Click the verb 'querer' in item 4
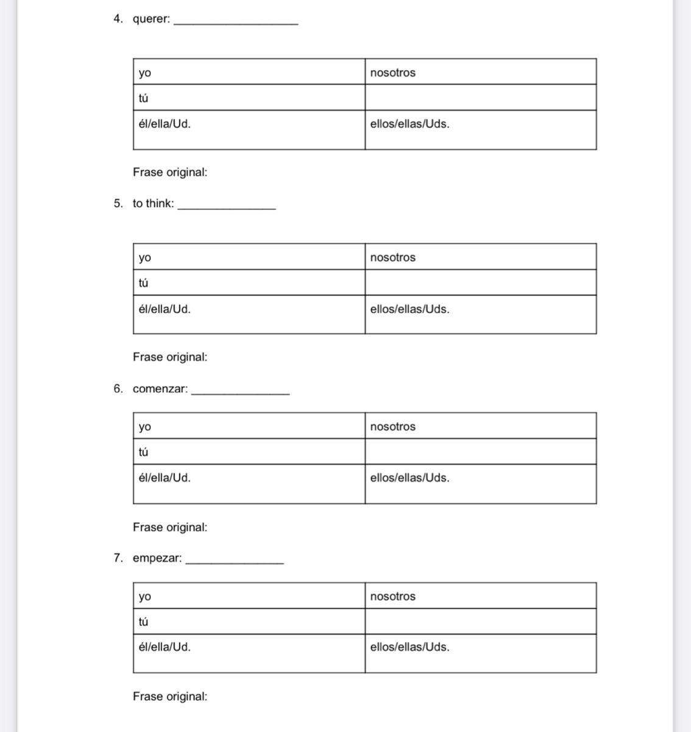(x=150, y=19)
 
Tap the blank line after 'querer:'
(x=236, y=22)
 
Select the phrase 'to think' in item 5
(x=152, y=204)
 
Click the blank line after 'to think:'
(x=226, y=207)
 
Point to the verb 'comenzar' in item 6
(x=159, y=389)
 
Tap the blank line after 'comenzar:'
(x=240, y=393)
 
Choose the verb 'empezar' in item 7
(x=156, y=558)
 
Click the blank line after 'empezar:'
(x=234, y=562)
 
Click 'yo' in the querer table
(x=144, y=73)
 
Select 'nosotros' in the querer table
(x=392, y=73)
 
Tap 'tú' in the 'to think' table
(x=143, y=283)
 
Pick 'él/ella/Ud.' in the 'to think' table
(x=165, y=309)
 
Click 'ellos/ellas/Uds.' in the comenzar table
(x=409, y=478)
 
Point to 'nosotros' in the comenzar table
(x=392, y=427)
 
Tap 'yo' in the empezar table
(x=144, y=597)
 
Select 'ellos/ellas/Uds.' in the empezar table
(x=409, y=647)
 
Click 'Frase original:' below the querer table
(x=170, y=173)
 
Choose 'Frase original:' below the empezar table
(x=170, y=697)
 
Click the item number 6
(x=118, y=389)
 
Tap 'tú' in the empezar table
(x=143, y=622)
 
